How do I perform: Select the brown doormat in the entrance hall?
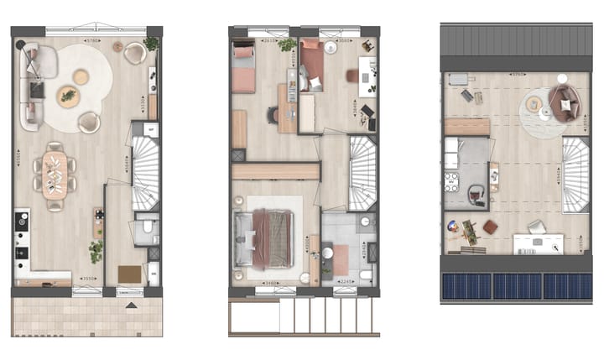click(129, 274)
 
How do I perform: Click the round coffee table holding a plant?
click(68, 97)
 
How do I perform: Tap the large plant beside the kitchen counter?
click(96, 249)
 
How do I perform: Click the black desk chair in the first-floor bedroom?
click(273, 116)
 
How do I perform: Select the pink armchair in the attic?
click(564, 103)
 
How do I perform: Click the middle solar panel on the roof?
click(516, 285)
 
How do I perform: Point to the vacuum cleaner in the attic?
click(476, 196)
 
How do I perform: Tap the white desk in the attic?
click(538, 243)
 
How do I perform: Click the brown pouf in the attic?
click(491, 227)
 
